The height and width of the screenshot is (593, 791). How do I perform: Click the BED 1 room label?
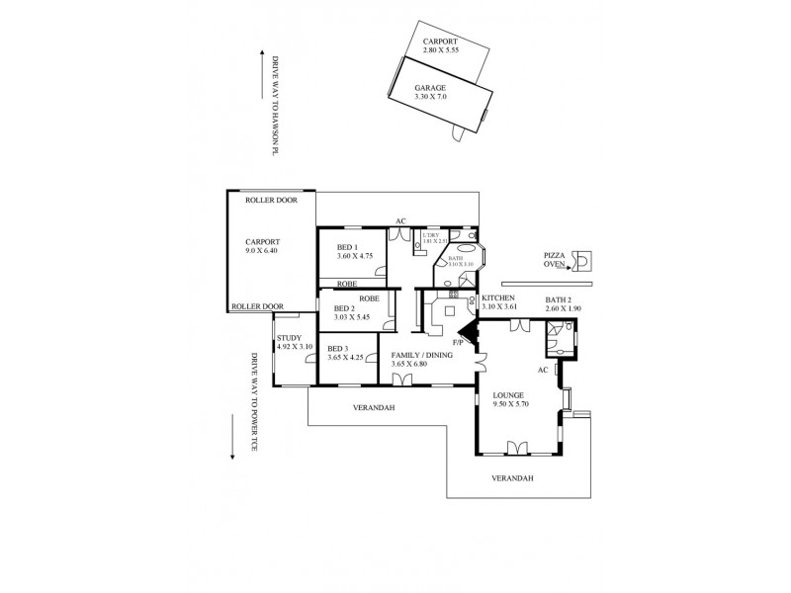(x=347, y=247)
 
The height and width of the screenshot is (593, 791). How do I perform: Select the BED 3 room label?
(x=338, y=348)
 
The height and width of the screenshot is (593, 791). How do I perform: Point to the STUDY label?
(x=290, y=338)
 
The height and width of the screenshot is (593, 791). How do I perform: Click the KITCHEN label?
(x=499, y=297)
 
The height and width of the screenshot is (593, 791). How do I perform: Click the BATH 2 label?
(x=562, y=298)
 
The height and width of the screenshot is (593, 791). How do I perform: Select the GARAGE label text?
(x=430, y=88)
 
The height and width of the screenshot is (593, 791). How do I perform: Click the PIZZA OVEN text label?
(x=554, y=260)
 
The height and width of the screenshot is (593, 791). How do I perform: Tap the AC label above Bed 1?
(x=400, y=220)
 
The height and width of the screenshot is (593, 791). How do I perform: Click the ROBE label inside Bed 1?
(x=347, y=284)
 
